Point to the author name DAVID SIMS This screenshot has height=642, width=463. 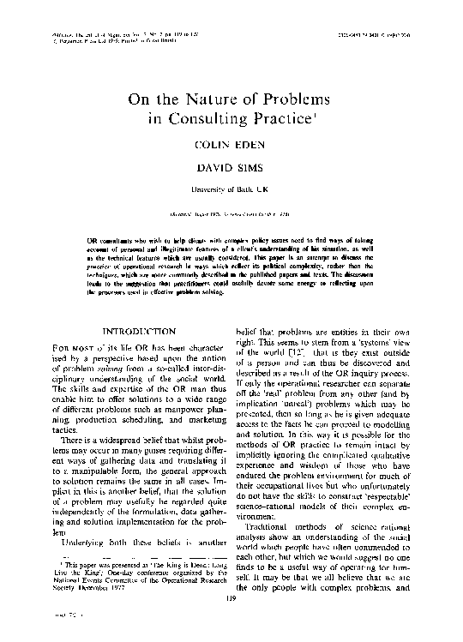[231, 174]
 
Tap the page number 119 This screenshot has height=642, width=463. [231, 609]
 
